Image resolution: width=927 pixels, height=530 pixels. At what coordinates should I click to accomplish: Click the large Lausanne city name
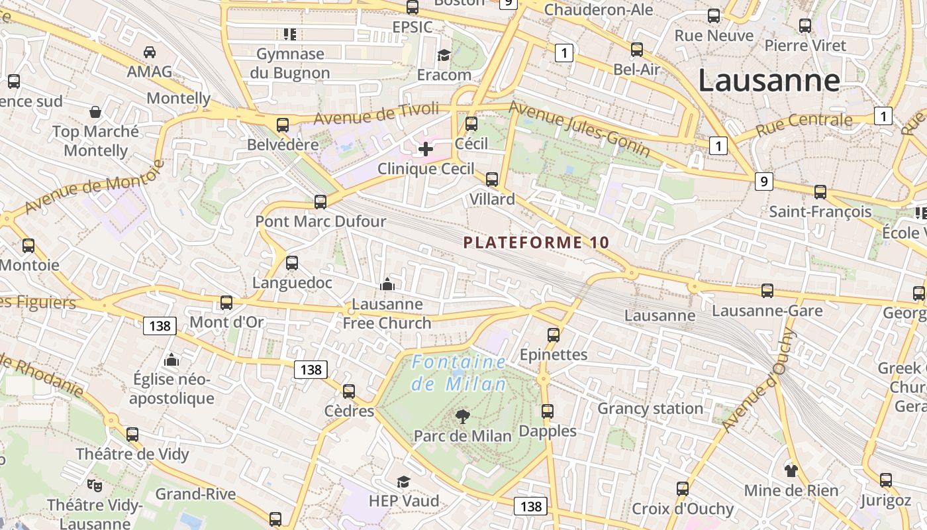[x=769, y=81]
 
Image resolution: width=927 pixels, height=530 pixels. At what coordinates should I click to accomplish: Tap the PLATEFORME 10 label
[x=536, y=242]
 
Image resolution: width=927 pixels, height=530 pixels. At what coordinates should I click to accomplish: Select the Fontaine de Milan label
[x=459, y=373]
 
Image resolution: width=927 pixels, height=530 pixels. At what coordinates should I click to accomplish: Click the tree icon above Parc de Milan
[x=463, y=417]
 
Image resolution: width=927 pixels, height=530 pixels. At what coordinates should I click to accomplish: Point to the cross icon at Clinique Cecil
[x=426, y=149]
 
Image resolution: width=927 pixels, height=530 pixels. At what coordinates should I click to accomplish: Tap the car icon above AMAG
[x=150, y=52]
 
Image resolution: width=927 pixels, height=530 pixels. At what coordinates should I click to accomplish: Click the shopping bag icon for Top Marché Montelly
[x=95, y=111]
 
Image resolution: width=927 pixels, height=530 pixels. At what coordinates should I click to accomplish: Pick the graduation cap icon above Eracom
[x=444, y=55]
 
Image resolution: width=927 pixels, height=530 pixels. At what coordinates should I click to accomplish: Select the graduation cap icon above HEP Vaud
[x=403, y=482]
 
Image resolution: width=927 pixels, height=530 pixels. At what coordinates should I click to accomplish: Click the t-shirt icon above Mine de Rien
[x=791, y=471]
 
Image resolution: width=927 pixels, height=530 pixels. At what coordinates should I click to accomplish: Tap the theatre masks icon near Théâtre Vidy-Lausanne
[x=95, y=486]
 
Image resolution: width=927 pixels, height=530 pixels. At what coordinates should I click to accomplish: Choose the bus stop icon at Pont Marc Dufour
[x=320, y=201]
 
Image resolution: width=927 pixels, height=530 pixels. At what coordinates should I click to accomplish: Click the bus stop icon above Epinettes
[x=554, y=335]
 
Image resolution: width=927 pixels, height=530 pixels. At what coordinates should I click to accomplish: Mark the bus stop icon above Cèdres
[x=349, y=392]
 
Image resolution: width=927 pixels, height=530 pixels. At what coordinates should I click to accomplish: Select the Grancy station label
[x=650, y=408]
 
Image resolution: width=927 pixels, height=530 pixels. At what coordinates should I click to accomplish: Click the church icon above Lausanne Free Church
[x=387, y=285]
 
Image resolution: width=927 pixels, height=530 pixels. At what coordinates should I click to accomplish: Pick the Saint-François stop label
[x=820, y=212]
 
